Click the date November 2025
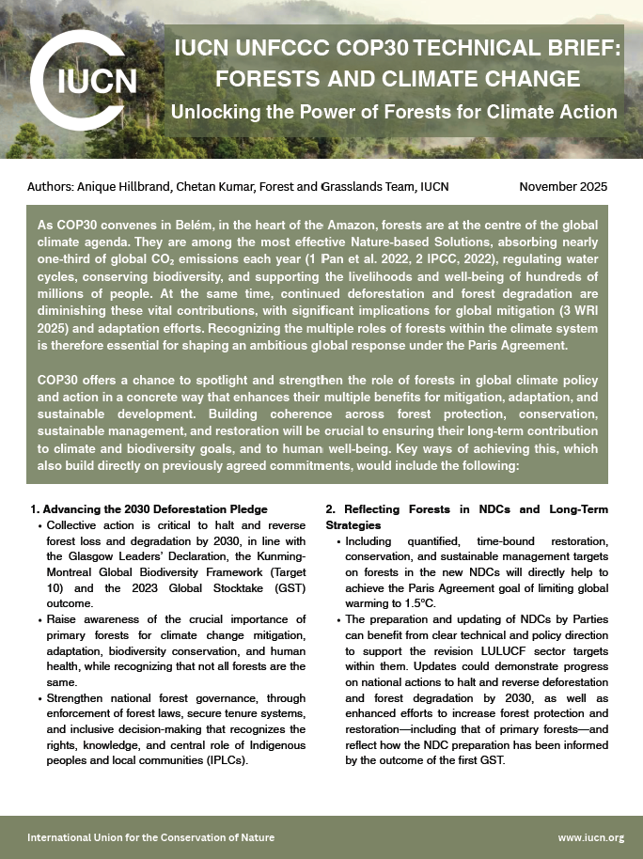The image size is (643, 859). (x=563, y=186)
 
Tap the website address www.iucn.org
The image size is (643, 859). (x=590, y=836)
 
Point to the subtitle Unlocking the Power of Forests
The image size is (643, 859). (x=393, y=112)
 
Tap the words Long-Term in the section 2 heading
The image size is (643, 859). (x=576, y=509)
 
